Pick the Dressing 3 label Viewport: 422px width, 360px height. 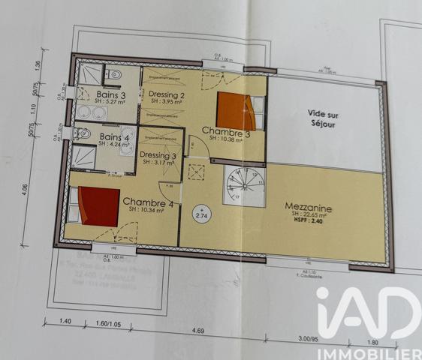pyautogui.click(x=158, y=157)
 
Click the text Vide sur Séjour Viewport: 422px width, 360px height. pyautogui.click(x=324, y=118)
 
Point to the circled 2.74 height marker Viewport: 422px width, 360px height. pyautogui.click(x=201, y=214)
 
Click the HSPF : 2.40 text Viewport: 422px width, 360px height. pyautogui.click(x=309, y=221)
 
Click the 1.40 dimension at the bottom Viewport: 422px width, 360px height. pyautogui.click(x=65, y=322)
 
